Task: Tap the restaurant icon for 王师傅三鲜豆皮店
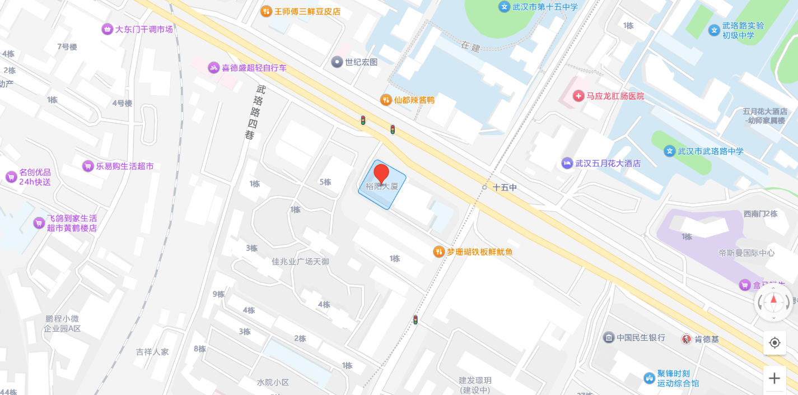267,11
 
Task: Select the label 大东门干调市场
144,29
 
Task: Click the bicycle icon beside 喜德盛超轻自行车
213,68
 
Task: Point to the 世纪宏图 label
361,62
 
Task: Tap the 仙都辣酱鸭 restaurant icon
386,100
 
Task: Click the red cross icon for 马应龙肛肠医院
578,96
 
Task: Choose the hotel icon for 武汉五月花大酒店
567,163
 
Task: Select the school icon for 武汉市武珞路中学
669,151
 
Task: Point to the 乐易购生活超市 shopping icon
88,166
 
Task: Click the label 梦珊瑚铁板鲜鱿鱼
479,252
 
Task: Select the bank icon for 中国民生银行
609,337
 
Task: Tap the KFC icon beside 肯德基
686,339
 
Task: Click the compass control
774,303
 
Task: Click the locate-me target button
774,342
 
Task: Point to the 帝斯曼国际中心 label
746,253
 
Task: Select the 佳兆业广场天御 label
300,262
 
